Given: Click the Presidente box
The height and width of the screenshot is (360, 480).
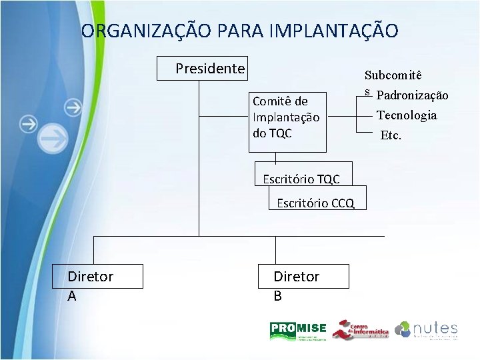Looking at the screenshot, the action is pos(202,68).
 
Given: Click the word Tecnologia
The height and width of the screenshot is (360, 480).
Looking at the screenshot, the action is pos(407,115).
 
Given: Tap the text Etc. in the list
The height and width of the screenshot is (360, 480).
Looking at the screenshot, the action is pos(391,135).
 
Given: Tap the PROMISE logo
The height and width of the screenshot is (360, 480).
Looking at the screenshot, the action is pos(297,329).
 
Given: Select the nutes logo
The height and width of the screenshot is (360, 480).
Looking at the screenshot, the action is pos(427,329).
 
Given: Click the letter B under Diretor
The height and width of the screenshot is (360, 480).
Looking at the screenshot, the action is pos(278,295).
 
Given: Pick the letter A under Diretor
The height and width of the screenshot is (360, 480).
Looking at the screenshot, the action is pos(72,295).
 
